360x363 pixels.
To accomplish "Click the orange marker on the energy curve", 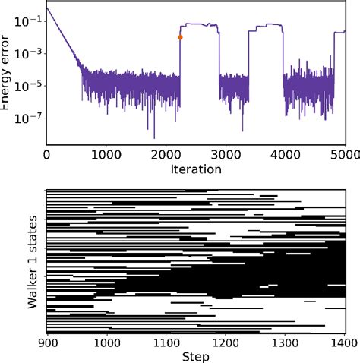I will [180, 37].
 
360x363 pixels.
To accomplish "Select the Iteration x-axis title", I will [196, 169].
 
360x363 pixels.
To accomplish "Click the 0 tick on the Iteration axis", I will [46, 153].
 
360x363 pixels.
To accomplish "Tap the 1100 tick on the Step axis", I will [166, 342].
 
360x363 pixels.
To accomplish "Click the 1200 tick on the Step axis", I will [225, 342].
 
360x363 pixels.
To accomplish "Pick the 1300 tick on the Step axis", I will [284, 342].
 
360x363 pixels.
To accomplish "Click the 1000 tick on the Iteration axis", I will [106, 153].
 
